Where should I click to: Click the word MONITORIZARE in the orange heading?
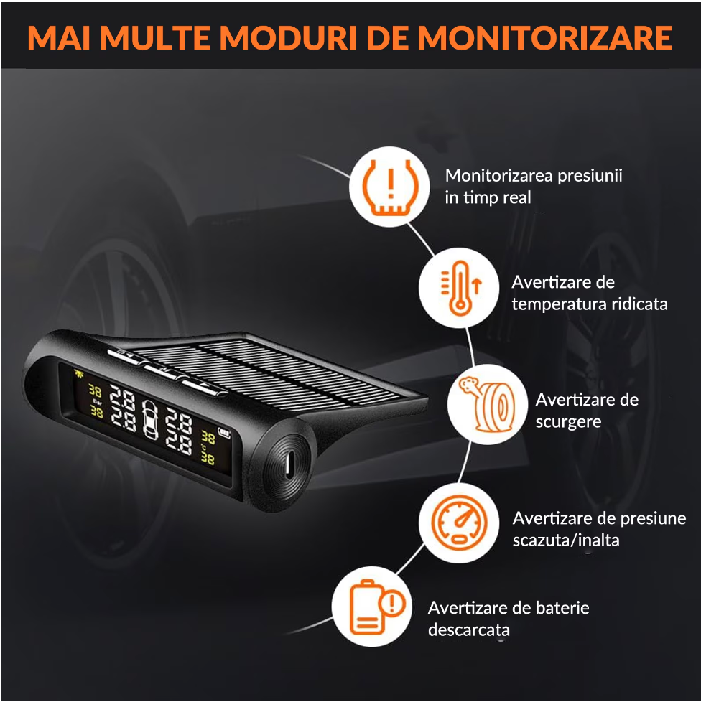545,38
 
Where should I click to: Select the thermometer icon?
460,288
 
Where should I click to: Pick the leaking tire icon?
487,404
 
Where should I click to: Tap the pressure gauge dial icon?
459,523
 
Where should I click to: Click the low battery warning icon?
377,607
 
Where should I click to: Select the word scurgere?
568,422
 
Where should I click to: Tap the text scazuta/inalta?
566,540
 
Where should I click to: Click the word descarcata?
469,630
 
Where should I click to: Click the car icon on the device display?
150,419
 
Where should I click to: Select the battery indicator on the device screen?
224,433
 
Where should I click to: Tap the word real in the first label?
517,197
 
